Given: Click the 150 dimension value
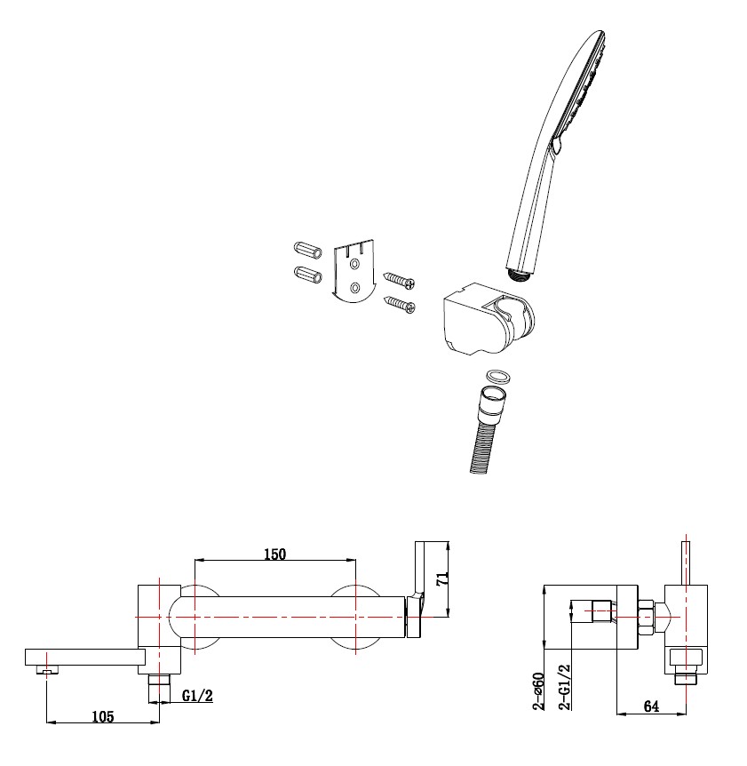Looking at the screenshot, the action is pos(274,554).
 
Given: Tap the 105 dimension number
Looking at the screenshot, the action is pos(103,716).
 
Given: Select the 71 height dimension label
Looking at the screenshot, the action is pos(441,580).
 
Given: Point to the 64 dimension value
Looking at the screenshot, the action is pos(651,706).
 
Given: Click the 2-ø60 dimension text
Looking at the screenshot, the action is pos(538,690).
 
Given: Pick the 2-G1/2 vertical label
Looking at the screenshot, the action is pos(564,686).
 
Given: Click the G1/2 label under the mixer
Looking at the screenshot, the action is pos(197,696).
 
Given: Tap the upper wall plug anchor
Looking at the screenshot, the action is pos(308,250).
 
